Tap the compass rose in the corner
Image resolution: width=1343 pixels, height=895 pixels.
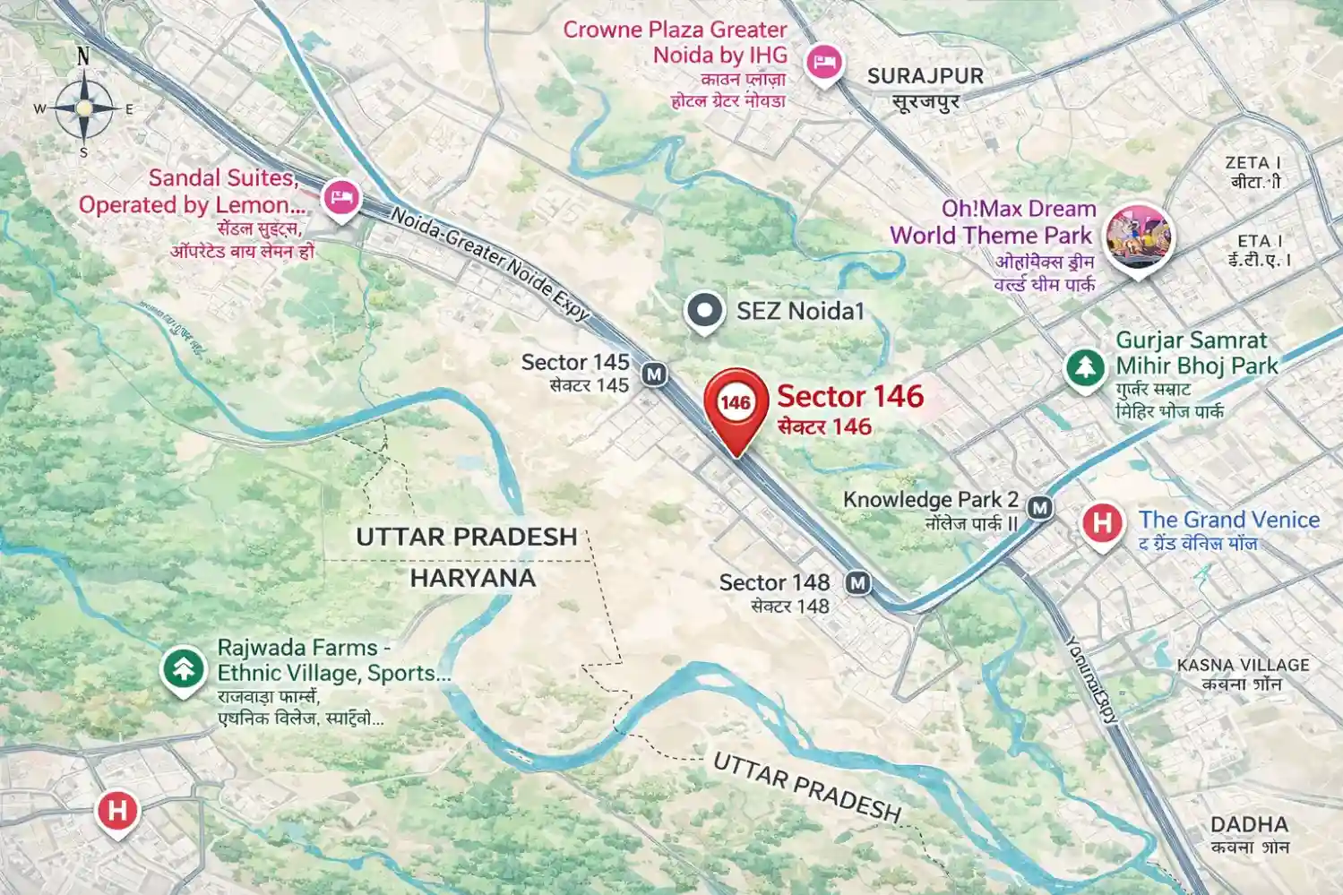pos(83,108)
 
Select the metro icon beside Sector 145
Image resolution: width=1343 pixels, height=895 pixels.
pos(655,374)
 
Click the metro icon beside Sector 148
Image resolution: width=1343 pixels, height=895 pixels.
pos(858,583)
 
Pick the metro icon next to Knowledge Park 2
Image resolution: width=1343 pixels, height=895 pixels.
pos(1039,508)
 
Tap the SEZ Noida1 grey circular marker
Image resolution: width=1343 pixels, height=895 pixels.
pos(704,311)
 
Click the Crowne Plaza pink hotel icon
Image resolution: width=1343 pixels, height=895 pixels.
pos(822,63)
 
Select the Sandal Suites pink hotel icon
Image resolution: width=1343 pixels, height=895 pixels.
pos(340,196)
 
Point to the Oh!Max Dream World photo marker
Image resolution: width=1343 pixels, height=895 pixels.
pos(1137,237)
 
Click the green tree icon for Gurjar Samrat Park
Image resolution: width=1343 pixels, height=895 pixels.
pos(1085,367)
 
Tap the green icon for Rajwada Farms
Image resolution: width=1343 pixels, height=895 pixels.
pos(184,668)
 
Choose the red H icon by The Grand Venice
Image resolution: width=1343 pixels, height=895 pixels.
pos(1102,522)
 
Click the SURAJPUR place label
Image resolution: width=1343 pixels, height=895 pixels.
pos(925,77)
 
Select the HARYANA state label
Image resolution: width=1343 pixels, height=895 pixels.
pos(472,579)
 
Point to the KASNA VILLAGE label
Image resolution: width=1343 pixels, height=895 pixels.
pos(1243,665)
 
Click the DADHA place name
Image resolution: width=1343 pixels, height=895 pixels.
pos(1249,824)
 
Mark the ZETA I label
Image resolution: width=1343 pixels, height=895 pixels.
pos(1253,163)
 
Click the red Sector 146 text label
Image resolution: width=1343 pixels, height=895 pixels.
pos(849,396)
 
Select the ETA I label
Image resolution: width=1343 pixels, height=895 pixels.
pos(1260,241)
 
